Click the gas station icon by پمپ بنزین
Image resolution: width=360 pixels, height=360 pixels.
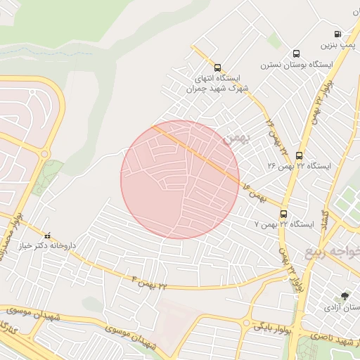click(338, 34)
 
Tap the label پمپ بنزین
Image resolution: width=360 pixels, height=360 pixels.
click(336, 46)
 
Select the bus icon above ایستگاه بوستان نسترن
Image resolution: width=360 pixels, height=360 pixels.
click(296, 53)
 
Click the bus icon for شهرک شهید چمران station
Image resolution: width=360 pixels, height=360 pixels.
click(217, 68)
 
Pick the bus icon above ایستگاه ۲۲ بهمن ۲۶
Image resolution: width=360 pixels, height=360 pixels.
click(300, 155)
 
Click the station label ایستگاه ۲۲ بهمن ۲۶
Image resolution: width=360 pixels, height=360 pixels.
click(299, 167)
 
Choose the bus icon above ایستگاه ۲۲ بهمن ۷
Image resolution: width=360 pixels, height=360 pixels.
click(283, 213)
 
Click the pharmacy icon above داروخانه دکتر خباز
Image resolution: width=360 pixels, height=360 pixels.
click(48, 236)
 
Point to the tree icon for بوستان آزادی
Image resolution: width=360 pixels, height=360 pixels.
click(345, 297)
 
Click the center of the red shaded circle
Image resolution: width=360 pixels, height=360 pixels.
click(180, 180)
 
